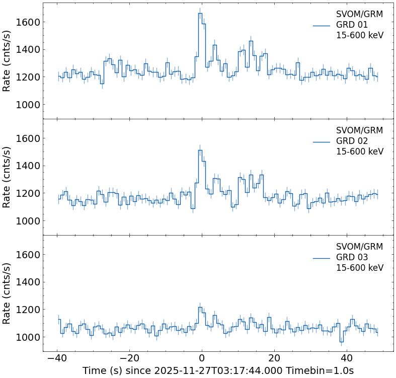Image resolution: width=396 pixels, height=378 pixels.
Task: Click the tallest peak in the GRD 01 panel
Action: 200,14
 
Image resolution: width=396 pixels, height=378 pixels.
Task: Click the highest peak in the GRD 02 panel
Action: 200,150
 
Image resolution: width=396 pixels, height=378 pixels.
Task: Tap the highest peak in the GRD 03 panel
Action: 200,307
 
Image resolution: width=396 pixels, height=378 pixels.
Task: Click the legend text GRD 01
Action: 352,25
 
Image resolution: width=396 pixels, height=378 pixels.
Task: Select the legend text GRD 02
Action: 352,141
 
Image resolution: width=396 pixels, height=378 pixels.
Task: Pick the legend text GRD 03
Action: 352,257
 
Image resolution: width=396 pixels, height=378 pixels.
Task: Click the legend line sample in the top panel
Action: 322,25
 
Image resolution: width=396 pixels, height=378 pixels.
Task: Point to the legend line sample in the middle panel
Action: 322,141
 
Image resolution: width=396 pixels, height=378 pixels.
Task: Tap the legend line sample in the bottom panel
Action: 322,258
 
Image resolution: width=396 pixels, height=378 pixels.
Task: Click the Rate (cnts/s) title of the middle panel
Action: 7,177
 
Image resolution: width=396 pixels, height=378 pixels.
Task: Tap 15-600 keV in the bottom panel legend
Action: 359,268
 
